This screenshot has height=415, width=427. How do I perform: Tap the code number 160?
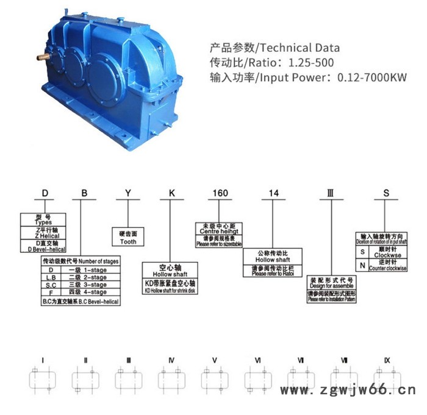[220, 193]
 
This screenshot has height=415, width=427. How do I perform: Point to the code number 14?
[274, 193]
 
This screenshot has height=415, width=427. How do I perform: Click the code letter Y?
[127, 193]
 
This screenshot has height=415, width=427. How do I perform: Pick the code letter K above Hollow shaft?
[173, 193]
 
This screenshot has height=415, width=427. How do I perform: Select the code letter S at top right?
[386, 193]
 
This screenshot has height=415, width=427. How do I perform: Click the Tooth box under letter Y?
[129, 241]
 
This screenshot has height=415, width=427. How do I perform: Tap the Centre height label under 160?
[219, 232]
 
